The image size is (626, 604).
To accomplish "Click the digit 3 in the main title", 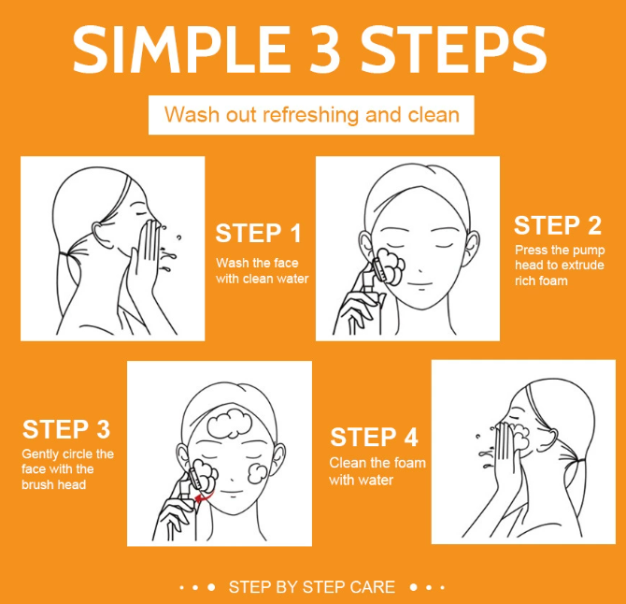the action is coord(324,50).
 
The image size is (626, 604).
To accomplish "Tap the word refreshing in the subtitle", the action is coord(310,115).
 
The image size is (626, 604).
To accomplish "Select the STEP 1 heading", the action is coord(258,234).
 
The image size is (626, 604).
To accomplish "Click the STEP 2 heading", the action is coord(558,225).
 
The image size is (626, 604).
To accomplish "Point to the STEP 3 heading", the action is coord(66,429).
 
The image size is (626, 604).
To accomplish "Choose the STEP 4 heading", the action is coord(374,437).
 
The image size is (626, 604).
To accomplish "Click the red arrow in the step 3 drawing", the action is coord(204,496).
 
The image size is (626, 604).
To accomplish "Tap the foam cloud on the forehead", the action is coord(229,424).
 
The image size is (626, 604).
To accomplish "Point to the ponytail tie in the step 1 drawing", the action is coord(64,254).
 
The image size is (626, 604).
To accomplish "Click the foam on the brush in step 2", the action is coord(391,266).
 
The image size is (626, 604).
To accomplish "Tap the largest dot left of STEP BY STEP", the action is coord(211,587).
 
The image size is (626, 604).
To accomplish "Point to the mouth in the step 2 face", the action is coord(420,284).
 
